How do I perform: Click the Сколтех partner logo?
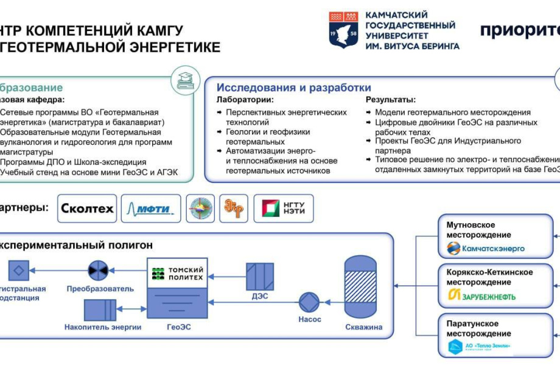[x=87, y=208]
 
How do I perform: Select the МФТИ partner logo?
[x=150, y=208]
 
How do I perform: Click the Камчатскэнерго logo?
[x=485, y=248]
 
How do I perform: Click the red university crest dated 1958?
[x=343, y=29]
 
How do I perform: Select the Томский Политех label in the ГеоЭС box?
[x=177, y=274]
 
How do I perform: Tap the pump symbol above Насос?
[x=310, y=302]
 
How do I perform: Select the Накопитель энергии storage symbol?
[x=100, y=309]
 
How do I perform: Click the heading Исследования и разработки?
[x=293, y=87]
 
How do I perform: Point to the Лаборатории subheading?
[x=245, y=100]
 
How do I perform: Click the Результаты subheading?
[x=390, y=100]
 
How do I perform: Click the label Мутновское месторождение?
[x=478, y=230]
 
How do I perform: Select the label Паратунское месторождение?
[x=478, y=328]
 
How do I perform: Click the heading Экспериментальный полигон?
[x=76, y=245]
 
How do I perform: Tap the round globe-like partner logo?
[x=200, y=208]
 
